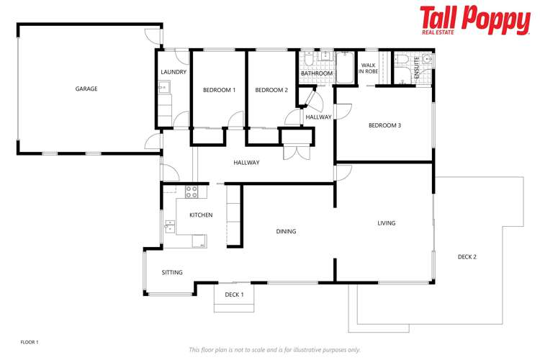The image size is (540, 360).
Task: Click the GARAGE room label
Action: pos(86,89)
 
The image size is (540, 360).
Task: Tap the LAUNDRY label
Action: pos(174,72)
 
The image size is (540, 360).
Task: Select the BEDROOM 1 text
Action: pos(219,90)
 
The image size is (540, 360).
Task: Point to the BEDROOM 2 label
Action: pos(271,90)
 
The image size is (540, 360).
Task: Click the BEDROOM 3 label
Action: pos(384,125)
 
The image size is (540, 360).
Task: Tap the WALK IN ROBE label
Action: pos(369,68)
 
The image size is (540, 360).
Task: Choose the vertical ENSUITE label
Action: pos(416,66)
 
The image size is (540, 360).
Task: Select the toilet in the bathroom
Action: pos(307,57)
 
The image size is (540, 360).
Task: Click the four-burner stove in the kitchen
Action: pos(192,192)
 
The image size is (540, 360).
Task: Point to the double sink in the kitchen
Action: pos(170,227)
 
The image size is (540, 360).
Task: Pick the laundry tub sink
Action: pos(165,89)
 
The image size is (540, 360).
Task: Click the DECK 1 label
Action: pos(234,294)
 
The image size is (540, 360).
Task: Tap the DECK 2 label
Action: pos(467,256)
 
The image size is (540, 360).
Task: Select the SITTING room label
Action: pos(172,273)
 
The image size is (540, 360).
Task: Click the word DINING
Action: pos(286,231)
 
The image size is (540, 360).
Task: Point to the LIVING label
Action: pos(387,223)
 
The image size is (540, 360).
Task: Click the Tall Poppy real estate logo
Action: pos(474,20)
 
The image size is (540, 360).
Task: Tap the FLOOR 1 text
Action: pos(29,342)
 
